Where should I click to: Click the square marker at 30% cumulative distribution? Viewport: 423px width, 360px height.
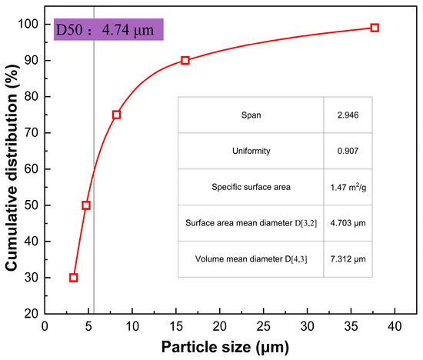[73, 278]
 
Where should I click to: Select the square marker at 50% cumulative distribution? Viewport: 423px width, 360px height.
[86, 205]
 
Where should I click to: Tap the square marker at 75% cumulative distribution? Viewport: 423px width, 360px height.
[116, 115]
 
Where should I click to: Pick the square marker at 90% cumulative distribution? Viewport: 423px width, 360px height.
[185, 61]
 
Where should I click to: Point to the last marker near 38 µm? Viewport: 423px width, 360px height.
[375, 28]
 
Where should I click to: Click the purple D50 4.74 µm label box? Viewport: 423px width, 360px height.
[108, 29]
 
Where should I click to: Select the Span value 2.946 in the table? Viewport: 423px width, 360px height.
[348, 115]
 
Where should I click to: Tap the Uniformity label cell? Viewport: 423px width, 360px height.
[251, 151]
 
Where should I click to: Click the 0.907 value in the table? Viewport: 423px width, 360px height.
[348, 151]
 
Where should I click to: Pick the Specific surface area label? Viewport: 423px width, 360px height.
[251, 187]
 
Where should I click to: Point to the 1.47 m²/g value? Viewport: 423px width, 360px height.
[348, 187]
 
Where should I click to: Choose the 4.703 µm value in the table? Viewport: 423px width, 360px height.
[348, 223]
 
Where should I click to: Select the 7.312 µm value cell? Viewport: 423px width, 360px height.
[348, 259]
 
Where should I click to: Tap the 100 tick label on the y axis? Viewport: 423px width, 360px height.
[28, 24]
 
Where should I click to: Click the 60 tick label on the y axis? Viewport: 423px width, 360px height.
[32, 169]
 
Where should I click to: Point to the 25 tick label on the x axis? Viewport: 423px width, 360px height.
[263, 326]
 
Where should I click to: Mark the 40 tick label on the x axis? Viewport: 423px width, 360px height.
[395, 326]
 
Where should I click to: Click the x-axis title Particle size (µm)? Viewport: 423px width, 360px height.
[225, 347]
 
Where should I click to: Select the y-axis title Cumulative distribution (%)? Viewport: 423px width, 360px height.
[12, 168]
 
